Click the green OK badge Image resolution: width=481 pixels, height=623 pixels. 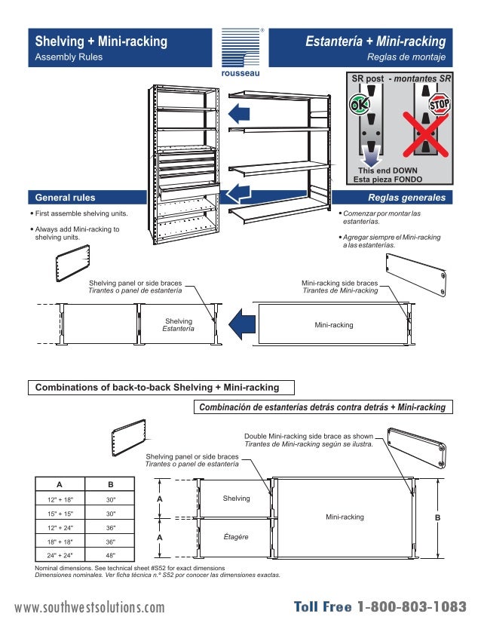(359, 105)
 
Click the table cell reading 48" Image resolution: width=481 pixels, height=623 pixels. (110, 556)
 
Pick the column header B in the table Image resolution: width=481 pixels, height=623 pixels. (110, 485)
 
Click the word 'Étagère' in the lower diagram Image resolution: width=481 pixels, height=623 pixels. (236, 536)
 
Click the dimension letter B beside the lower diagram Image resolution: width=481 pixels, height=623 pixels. (438, 518)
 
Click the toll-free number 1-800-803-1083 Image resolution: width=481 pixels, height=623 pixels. (412, 607)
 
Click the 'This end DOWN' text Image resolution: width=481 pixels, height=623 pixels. (388, 170)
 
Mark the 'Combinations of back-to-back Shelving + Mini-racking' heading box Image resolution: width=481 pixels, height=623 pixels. (161, 388)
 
